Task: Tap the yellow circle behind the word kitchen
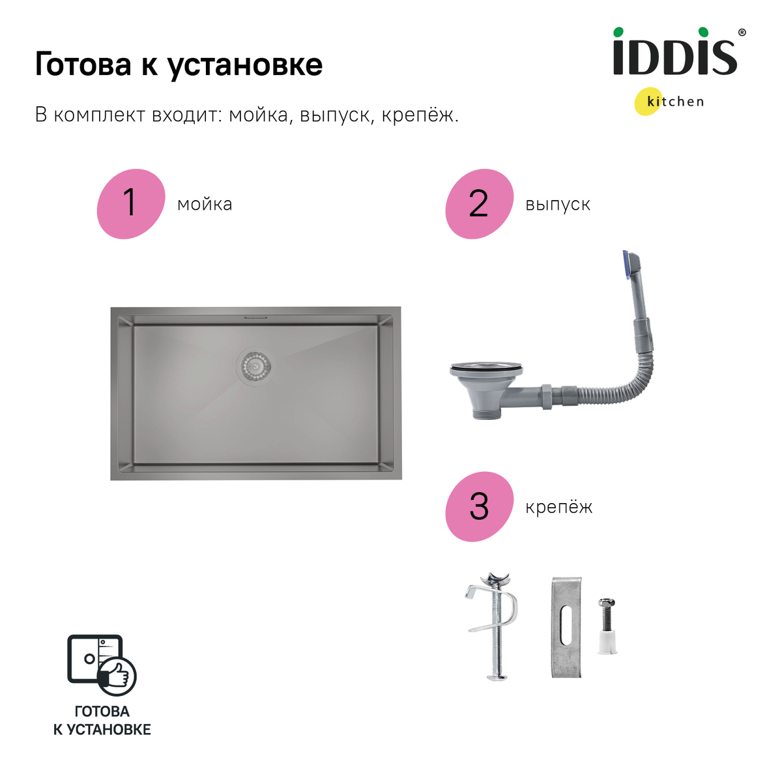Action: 648,102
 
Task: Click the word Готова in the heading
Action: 83,65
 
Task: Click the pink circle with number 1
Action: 130,203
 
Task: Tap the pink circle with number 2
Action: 479,203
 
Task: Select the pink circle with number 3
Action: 479,506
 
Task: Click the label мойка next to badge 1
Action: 205,205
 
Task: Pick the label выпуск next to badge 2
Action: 558,205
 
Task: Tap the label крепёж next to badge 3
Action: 559,508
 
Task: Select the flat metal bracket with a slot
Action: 566,627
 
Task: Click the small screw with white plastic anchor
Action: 607,626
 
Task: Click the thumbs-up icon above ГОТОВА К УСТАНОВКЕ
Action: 117,675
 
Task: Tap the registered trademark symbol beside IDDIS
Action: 742,32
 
